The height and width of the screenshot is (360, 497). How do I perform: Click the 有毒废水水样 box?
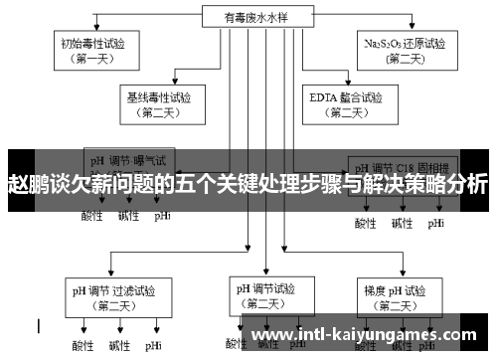point(248,16)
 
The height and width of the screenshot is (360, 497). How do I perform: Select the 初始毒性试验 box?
point(94,49)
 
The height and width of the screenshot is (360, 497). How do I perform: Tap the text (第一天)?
point(94,59)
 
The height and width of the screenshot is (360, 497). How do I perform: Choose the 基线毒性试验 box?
point(159,104)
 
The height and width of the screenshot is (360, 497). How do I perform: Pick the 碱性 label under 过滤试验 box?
point(118,346)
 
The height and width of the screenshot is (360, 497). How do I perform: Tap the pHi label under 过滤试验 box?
point(153,346)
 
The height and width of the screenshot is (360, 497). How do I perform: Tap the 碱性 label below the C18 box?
point(401,223)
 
